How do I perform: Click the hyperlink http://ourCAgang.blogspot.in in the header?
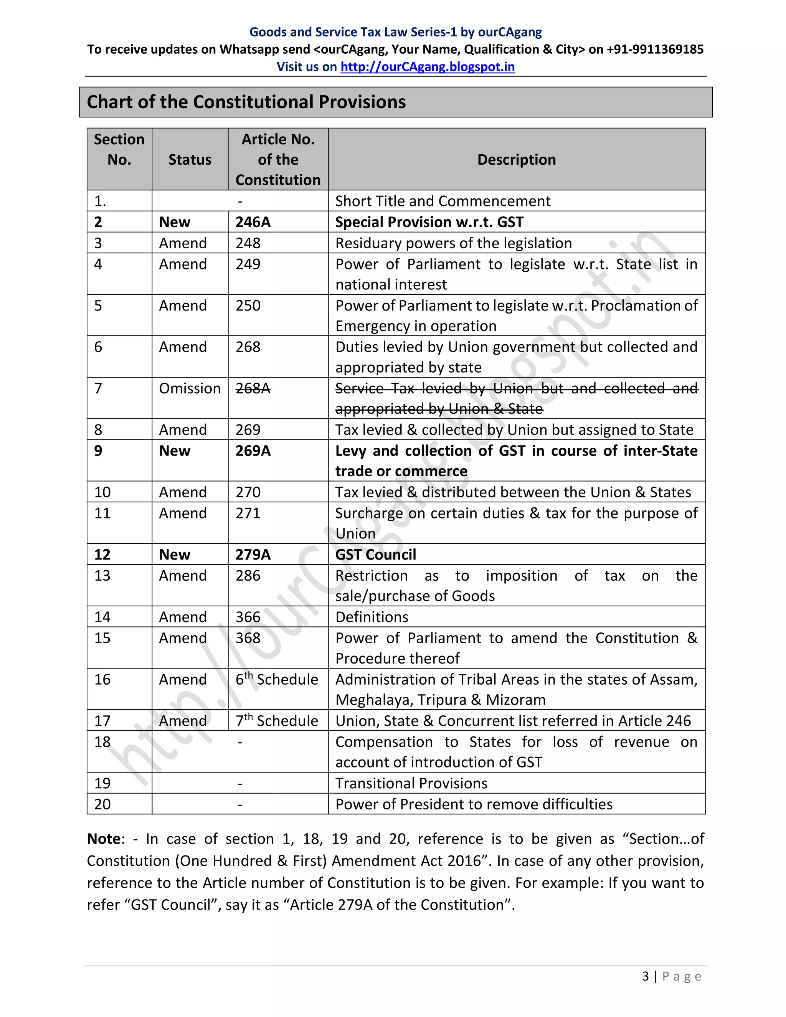click(428, 67)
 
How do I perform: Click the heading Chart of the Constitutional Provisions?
click(246, 102)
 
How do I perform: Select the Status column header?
click(190, 160)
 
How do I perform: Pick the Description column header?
click(517, 160)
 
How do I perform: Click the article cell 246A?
click(253, 222)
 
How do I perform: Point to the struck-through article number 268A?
click(253, 388)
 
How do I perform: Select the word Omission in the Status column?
click(190, 388)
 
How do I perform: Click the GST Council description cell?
click(376, 555)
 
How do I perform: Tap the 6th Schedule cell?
click(277, 679)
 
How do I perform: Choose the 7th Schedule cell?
click(277, 721)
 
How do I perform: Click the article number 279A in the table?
click(253, 555)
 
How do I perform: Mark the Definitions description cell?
click(372, 617)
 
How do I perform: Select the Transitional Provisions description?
click(411, 783)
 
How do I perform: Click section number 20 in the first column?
click(102, 804)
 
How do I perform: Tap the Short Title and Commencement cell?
click(443, 201)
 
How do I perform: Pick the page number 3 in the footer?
click(646, 976)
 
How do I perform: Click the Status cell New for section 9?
click(175, 451)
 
